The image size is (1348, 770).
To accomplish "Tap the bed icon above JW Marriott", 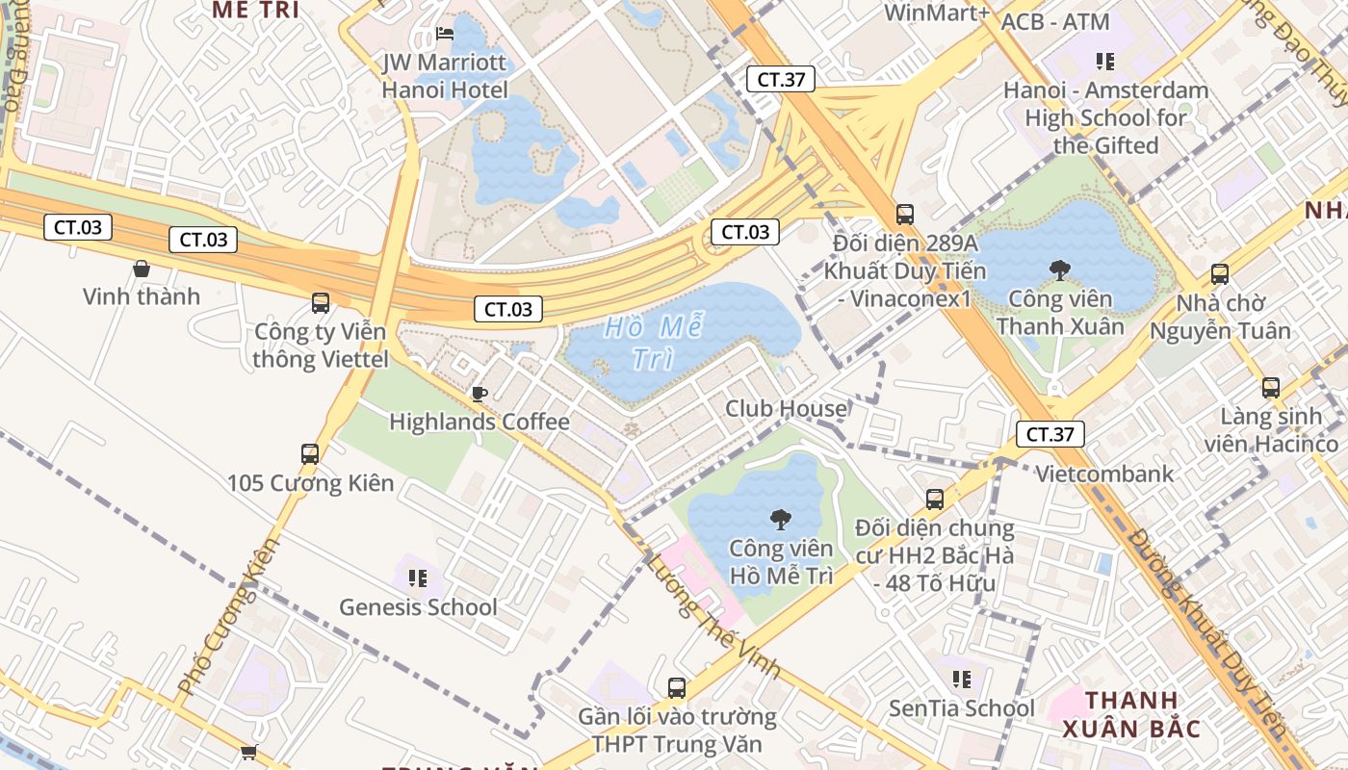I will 444,33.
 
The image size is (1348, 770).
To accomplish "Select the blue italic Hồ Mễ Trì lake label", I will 653,343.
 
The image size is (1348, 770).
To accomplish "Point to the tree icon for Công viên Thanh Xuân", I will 1060,269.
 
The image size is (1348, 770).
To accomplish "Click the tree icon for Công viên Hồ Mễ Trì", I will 780,520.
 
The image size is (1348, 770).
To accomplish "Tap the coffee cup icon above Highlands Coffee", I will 479,393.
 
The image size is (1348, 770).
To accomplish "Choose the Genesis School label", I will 418,607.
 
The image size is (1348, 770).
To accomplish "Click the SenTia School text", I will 961,708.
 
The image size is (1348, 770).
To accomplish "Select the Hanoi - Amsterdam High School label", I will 1105,117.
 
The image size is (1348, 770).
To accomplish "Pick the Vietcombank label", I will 1104,474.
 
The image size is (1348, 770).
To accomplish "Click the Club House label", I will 786,408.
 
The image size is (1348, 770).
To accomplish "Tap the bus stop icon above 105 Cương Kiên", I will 310,453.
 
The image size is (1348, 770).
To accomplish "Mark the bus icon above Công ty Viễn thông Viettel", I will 321,303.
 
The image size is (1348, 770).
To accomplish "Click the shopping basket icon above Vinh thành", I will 142,269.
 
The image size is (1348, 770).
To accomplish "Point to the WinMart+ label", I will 936,13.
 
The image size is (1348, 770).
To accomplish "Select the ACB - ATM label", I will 1055,21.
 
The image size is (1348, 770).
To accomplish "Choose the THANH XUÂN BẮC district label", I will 1131,714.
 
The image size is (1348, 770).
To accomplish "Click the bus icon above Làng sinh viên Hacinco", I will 1271,388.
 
